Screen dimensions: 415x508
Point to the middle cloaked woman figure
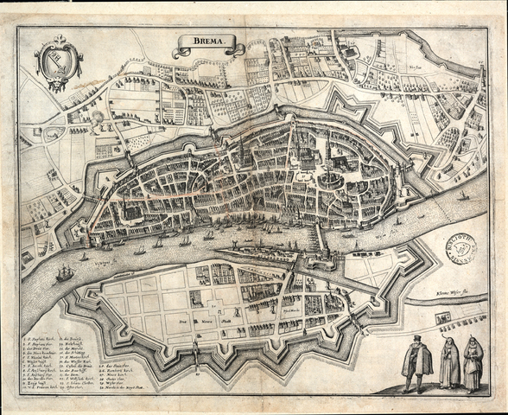(x=449, y=362)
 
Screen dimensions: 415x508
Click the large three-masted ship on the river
(x=65, y=273)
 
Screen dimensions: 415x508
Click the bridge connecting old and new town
(x=319, y=235)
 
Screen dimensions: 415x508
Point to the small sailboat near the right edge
(x=464, y=195)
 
